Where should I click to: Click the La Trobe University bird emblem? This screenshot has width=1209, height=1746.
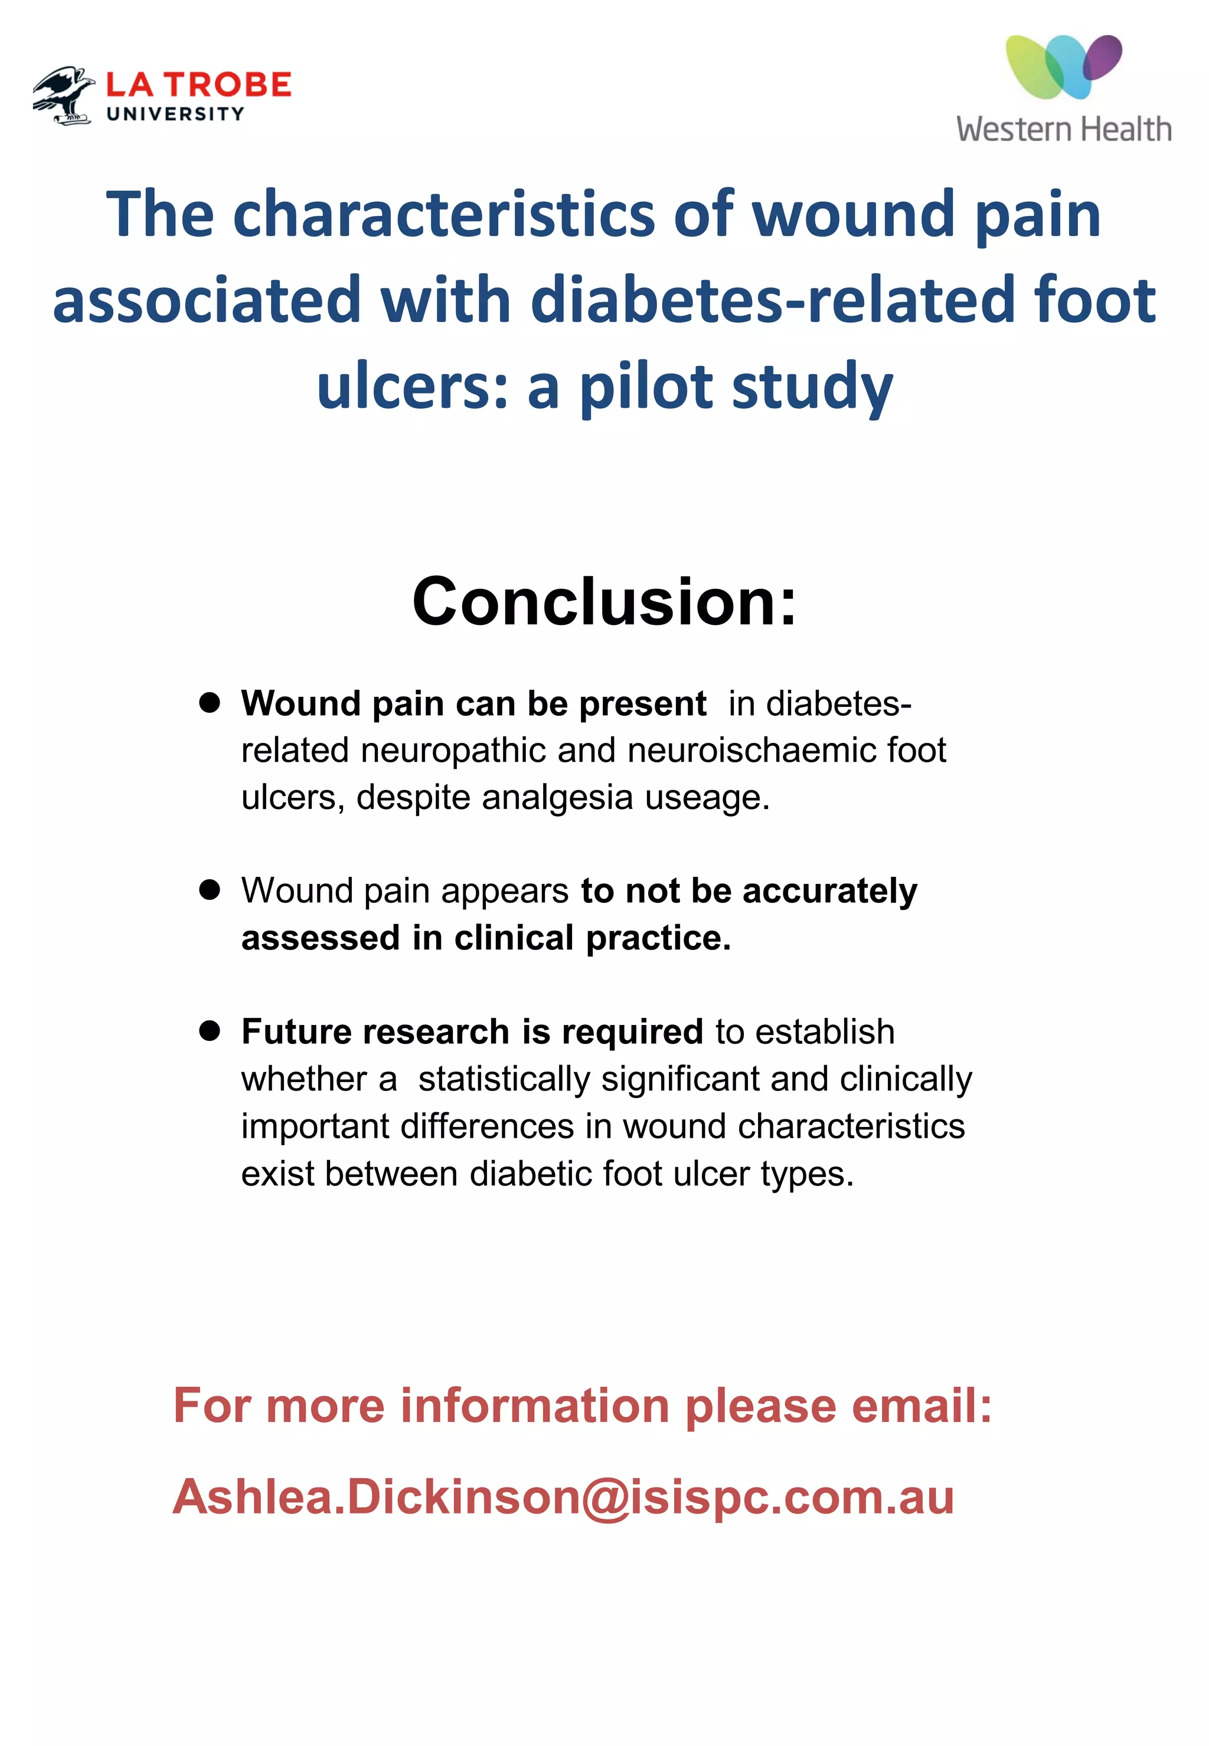coord(64,94)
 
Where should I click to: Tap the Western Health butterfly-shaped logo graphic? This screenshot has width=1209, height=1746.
coord(1064,67)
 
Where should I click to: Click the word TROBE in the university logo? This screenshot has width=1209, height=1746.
coord(229,85)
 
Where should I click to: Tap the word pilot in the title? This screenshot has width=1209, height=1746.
coord(646,386)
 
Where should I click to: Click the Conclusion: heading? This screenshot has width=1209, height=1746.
coord(604,601)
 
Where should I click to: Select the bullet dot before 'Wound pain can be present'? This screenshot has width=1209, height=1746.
coord(210,703)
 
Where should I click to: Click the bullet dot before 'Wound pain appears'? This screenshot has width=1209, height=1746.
coord(210,890)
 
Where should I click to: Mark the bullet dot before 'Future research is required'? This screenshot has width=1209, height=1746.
coord(210,1030)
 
